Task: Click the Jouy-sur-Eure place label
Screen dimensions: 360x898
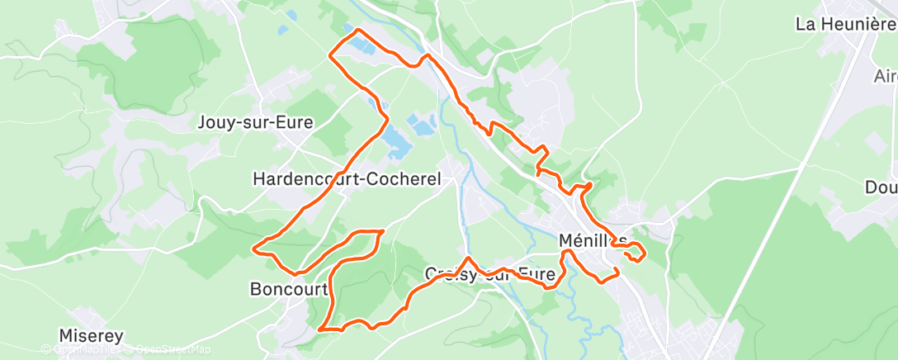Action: pyautogui.click(x=256, y=123)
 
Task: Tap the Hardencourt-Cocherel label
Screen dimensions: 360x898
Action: pyautogui.click(x=347, y=178)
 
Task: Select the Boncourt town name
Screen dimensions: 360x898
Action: pyautogui.click(x=289, y=289)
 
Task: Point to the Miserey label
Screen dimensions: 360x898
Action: pyautogui.click(x=92, y=336)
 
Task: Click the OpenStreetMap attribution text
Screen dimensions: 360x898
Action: pyautogui.click(x=165, y=349)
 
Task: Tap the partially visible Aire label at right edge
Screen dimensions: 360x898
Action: pyautogui.click(x=886, y=76)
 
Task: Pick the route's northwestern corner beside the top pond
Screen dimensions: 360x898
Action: pyautogui.click(x=331, y=55)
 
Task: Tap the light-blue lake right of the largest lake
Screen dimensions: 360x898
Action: pyautogui.click(x=423, y=126)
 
